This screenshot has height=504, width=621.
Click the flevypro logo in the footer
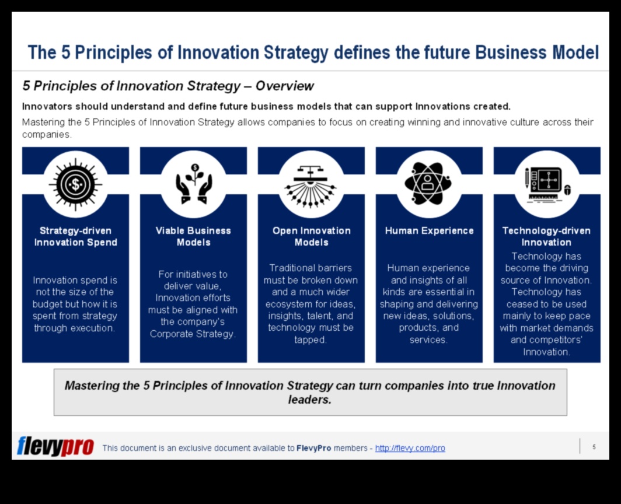55,447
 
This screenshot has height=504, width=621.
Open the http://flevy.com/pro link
410,448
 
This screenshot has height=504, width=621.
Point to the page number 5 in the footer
594,447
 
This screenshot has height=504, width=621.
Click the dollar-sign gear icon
75,184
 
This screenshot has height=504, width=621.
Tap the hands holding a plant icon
194,184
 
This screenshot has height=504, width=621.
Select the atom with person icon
428,183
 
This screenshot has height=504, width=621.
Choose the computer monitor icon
547,184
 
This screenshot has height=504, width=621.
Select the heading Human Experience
430,231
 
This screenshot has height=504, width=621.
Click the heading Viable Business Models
193,236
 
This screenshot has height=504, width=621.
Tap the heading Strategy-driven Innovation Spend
76,236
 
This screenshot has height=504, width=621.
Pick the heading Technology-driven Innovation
546,236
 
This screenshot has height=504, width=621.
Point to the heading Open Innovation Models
311,236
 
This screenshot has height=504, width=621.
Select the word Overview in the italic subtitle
284,86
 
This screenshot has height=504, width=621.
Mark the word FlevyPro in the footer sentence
313,448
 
